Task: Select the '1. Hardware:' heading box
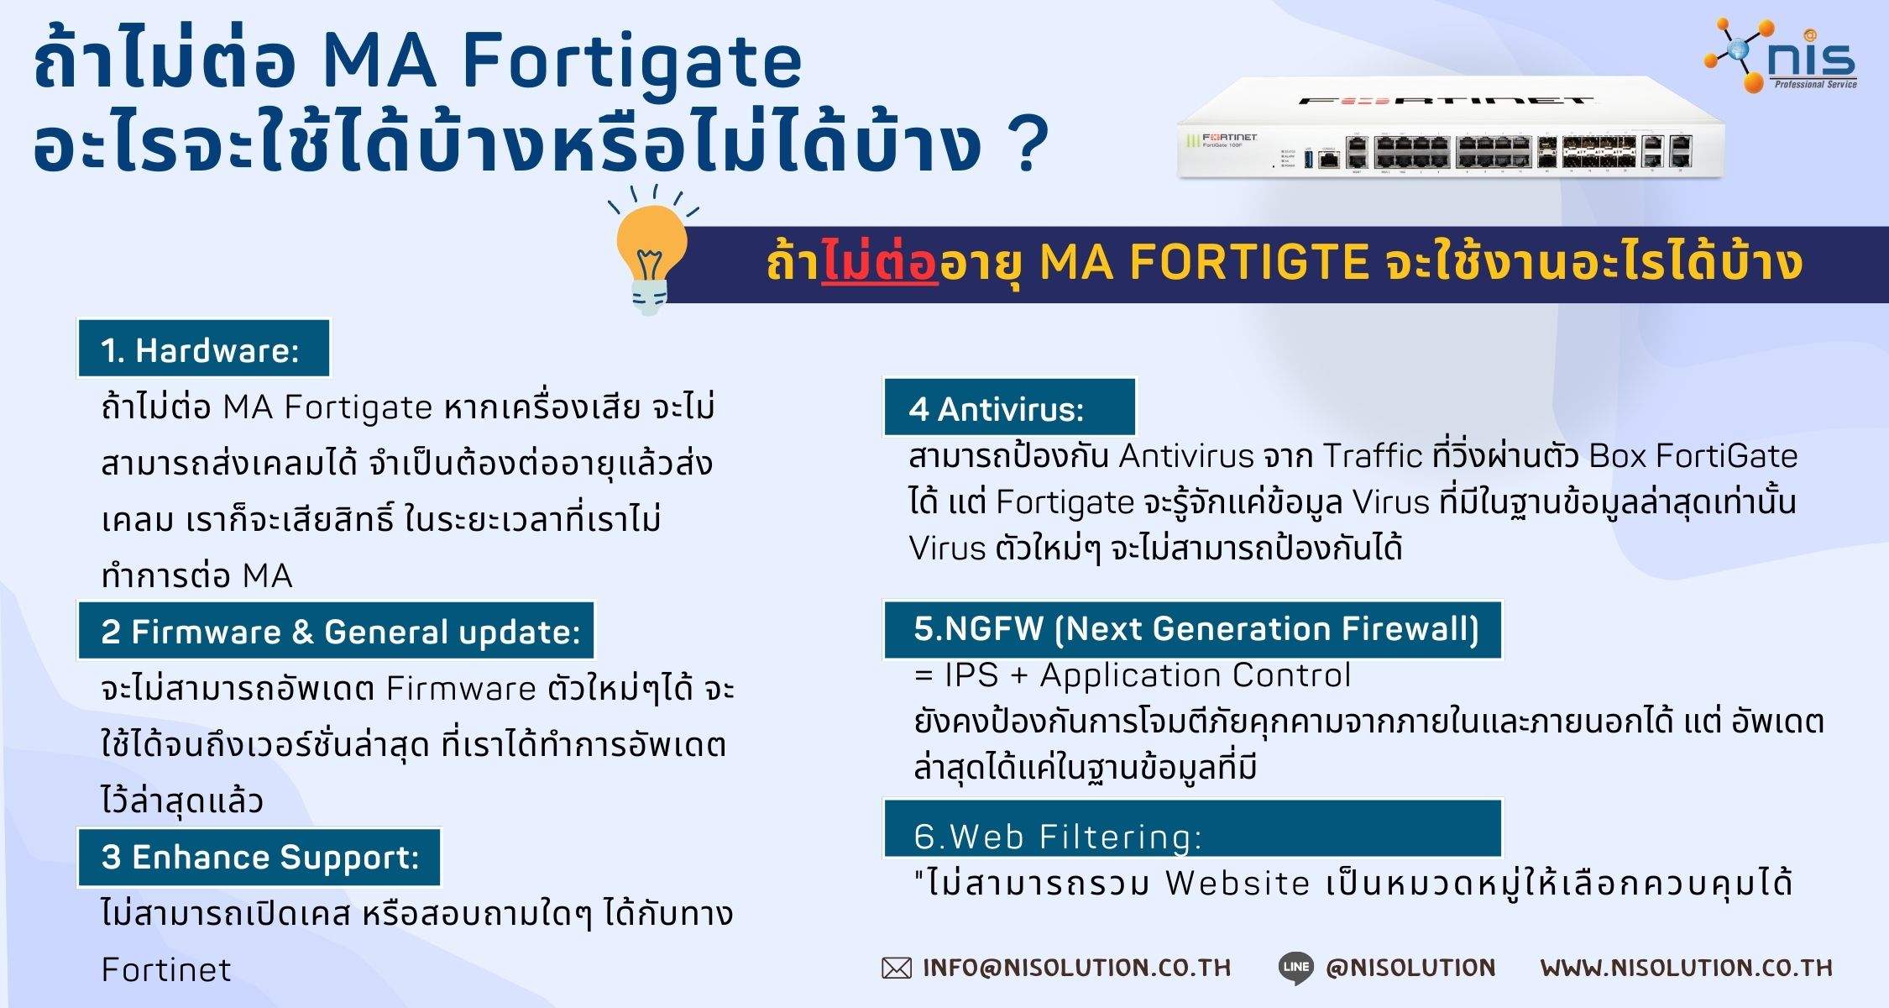(x=203, y=349)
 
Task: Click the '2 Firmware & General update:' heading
(x=337, y=631)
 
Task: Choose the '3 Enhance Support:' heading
(x=259, y=857)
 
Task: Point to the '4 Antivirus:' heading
(x=1008, y=408)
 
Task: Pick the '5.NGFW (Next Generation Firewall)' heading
(x=1193, y=629)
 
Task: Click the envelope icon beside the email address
(x=896, y=969)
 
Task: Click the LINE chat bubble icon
(x=1296, y=968)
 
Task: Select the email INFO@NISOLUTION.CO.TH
(x=1076, y=968)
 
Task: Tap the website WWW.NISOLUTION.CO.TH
(x=1686, y=968)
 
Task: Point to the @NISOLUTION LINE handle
(x=1410, y=968)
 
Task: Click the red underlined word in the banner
(x=879, y=263)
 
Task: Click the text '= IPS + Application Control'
(x=1133, y=675)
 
